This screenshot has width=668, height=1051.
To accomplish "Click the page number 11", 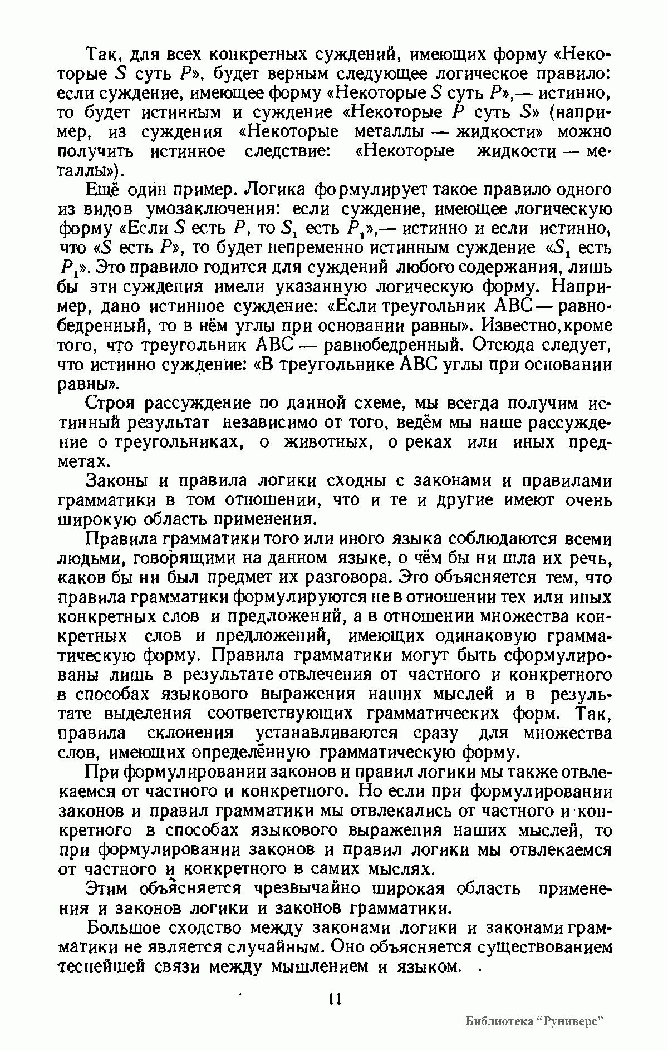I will [x=334, y=998].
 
